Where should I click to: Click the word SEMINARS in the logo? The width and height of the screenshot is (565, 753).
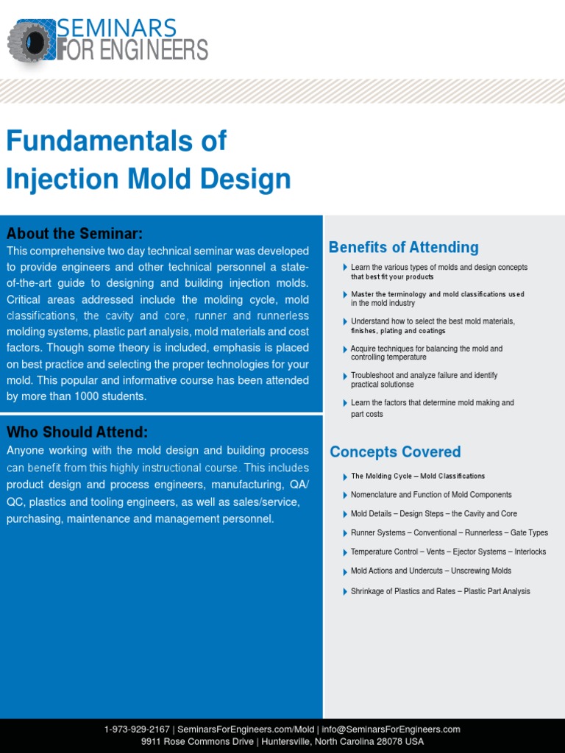[x=116, y=29]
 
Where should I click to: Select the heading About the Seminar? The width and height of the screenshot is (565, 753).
[x=74, y=234]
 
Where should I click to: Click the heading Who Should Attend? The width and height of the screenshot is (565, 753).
[x=77, y=432]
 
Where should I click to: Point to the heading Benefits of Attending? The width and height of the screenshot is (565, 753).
[x=403, y=248]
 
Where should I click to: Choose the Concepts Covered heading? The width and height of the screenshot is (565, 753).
[x=395, y=452]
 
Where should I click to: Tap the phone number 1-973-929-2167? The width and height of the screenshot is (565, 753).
[x=137, y=729]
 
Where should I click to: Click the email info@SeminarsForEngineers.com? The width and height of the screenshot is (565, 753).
[x=391, y=729]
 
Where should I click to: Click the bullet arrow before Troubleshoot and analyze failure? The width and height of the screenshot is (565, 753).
[x=345, y=376]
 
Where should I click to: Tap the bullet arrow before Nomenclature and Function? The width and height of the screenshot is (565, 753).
[x=345, y=495]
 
